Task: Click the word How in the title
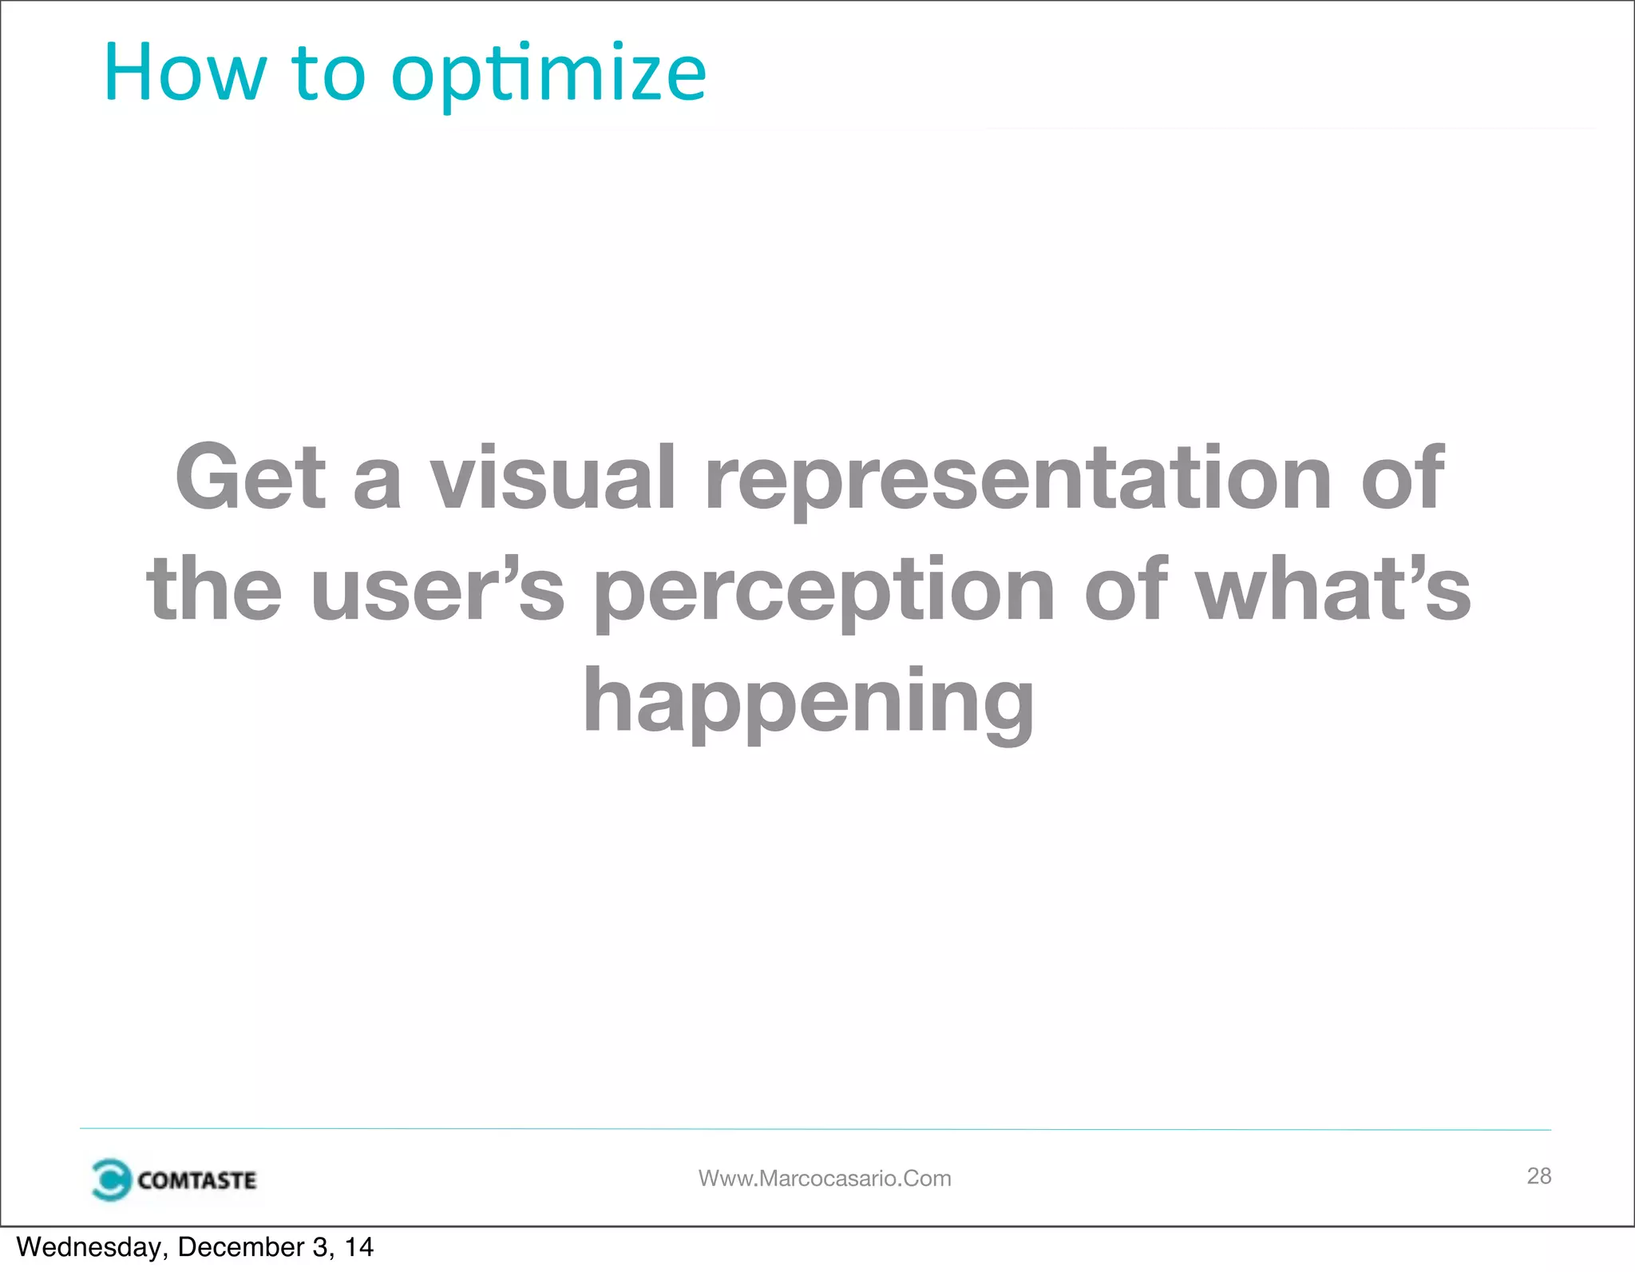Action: pyautogui.click(x=184, y=73)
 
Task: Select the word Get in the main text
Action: pyautogui.click(x=251, y=477)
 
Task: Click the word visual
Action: pyautogui.click(x=553, y=477)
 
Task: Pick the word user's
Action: pyautogui.click(x=437, y=589)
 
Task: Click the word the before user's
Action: pyautogui.click(x=214, y=589)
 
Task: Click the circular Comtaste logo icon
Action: pyautogui.click(x=110, y=1179)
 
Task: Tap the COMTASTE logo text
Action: pyautogui.click(x=196, y=1180)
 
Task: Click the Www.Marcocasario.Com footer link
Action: pyautogui.click(x=825, y=1179)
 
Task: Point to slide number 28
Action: pyautogui.click(x=1538, y=1175)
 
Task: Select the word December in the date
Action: pyautogui.click(x=241, y=1247)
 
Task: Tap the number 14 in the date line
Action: pyautogui.click(x=358, y=1247)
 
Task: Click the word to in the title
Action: pyautogui.click(x=328, y=73)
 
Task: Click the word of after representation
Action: pyautogui.click(x=1402, y=477)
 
